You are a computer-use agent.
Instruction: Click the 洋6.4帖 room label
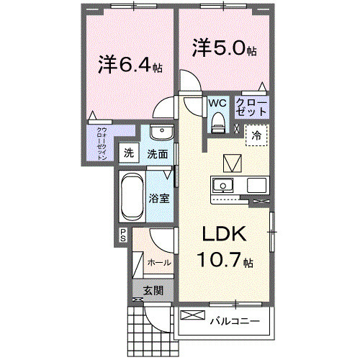[x=130, y=65]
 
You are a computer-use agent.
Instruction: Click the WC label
[x=217, y=103]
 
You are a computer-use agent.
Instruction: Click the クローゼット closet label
[x=253, y=108]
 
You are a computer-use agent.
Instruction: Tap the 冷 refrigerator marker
[x=256, y=135]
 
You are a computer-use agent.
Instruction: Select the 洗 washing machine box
[x=128, y=153]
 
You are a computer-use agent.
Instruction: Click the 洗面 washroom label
[x=158, y=153]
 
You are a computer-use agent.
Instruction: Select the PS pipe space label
[x=123, y=233]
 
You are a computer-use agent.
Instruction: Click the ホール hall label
[x=159, y=263]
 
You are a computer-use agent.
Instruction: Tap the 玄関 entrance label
[x=152, y=290]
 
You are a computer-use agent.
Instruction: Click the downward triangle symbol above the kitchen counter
[x=233, y=162]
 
